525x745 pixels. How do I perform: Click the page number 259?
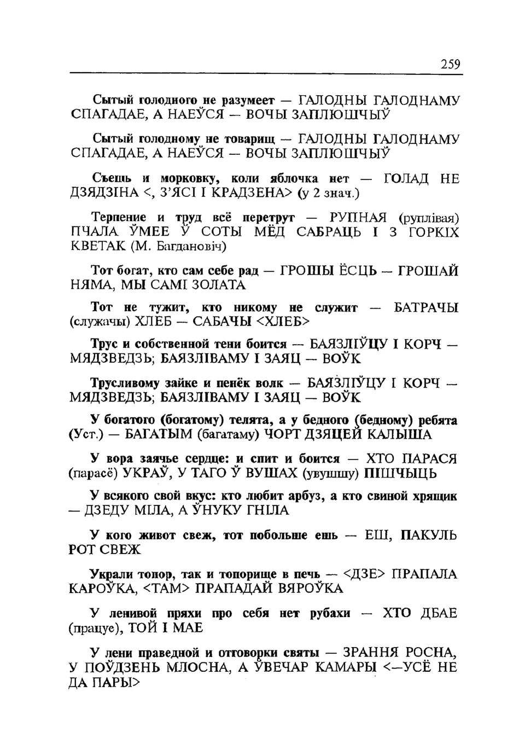(451, 65)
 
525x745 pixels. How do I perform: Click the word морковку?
(190, 179)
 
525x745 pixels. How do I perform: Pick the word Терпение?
(116, 218)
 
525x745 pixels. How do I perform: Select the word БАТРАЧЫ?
(427, 308)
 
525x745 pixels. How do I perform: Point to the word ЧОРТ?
(284, 435)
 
